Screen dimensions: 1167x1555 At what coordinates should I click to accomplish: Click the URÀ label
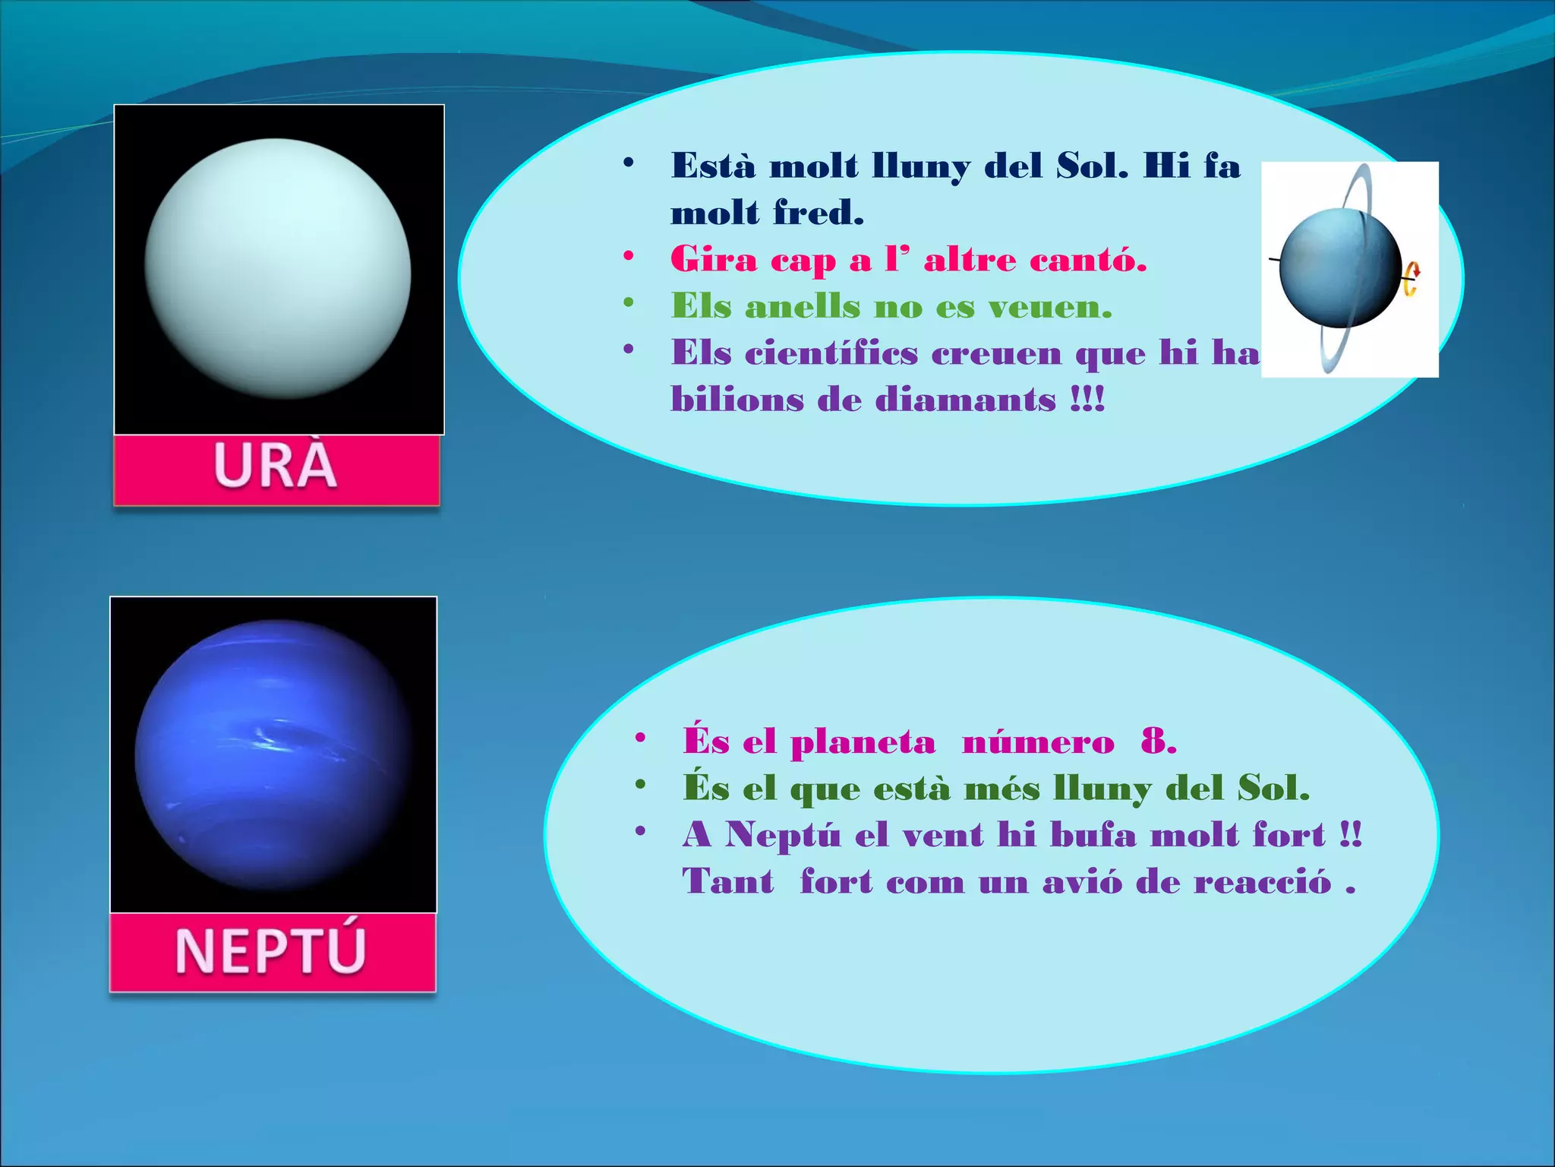pyautogui.click(x=276, y=466)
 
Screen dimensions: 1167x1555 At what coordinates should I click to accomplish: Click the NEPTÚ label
pyautogui.click(x=271, y=950)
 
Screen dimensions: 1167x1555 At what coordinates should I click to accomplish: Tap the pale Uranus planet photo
pyautogui.click(x=278, y=268)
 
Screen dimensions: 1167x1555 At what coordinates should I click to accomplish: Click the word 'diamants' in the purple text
pyautogui.click(x=965, y=400)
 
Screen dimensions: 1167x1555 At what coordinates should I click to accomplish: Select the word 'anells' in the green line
pyautogui.click(x=803, y=307)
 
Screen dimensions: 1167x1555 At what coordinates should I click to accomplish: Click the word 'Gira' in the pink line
pyautogui.click(x=714, y=260)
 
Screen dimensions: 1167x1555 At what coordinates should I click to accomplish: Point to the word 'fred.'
pyautogui.click(x=819, y=213)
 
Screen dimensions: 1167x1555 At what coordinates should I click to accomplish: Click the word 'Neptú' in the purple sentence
pyautogui.click(x=783, y=835)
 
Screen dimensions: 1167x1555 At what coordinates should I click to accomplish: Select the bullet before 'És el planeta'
pyautogui.click(x=640, y=738)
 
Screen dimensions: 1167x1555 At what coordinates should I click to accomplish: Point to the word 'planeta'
pyautogui.click(x=863, y=742)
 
